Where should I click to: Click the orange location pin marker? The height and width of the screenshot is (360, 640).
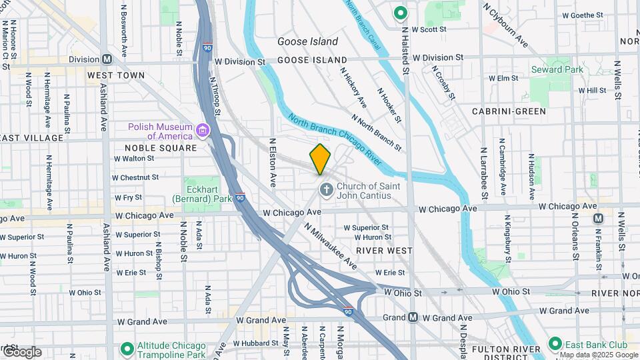point(320,159)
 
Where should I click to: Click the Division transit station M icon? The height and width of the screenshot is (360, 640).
point(107,59)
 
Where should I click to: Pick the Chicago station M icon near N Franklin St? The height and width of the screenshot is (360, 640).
point(598,218)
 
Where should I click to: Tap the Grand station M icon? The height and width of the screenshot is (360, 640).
point(413,318)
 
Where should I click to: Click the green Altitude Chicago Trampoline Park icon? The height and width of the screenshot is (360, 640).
point(127,348)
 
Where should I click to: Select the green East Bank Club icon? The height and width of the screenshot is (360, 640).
point(554,344)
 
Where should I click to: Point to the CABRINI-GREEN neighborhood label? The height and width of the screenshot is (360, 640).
point(509,111)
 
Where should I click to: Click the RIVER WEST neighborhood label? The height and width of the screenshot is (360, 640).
point(384,251)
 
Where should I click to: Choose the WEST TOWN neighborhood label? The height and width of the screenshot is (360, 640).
point(116,75)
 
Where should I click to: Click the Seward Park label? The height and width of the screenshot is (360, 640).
point(557,69)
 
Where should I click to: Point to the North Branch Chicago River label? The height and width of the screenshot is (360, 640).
point(335,141)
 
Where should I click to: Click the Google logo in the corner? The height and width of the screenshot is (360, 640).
point(21,351)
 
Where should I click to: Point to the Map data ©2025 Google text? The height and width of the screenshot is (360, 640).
point(597,355)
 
